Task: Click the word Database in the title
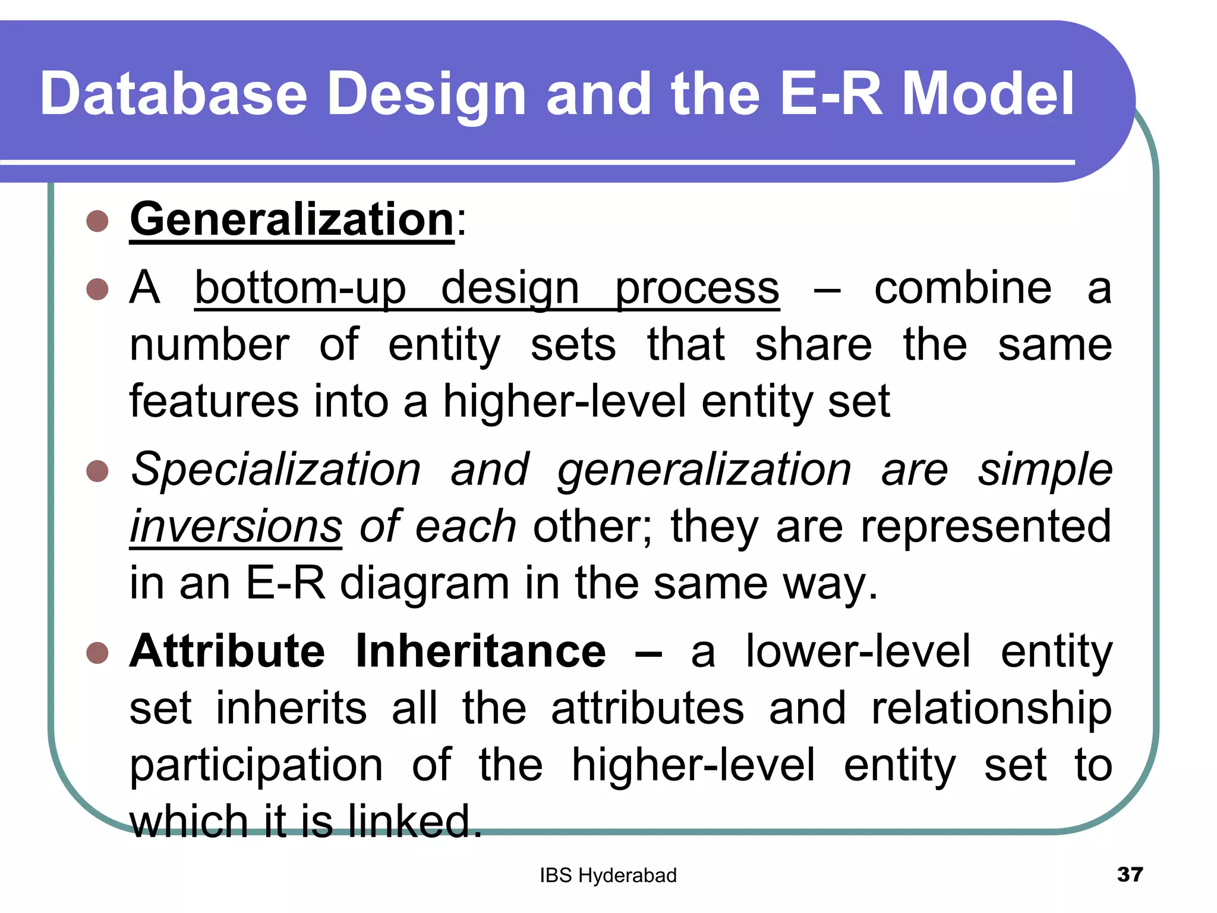point(174,94)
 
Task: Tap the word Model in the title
point(988,94)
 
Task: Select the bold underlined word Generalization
point(292,219)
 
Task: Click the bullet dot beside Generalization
point(97,222)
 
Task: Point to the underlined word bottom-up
point(300,288)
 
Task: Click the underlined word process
point(696,289)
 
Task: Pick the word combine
point(963,288)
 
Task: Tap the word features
point(214,401)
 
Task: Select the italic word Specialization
point(276,470)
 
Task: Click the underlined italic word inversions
point(236,527)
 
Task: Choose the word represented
point(986,527)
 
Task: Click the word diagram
point(424,584)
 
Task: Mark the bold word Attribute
point(228,651)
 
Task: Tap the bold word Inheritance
point(481,651)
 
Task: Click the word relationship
point(991,709)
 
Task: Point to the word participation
point(256,766)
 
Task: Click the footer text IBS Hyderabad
point(608,876)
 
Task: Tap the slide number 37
point(1130,874)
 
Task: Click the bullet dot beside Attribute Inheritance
point(97,653)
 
